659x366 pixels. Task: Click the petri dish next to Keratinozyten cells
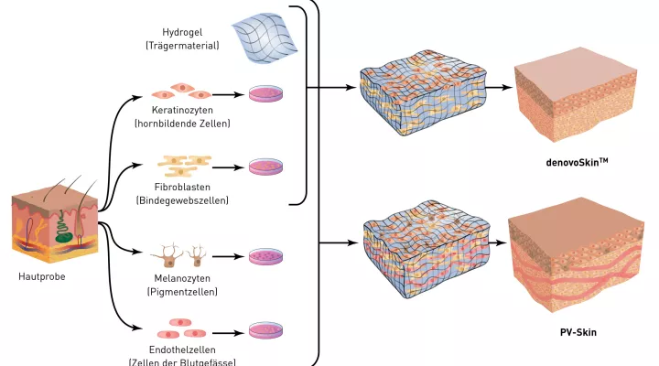(266, 93)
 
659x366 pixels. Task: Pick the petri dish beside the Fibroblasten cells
(266, 167)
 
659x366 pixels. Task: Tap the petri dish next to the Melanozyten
(266, 255)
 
